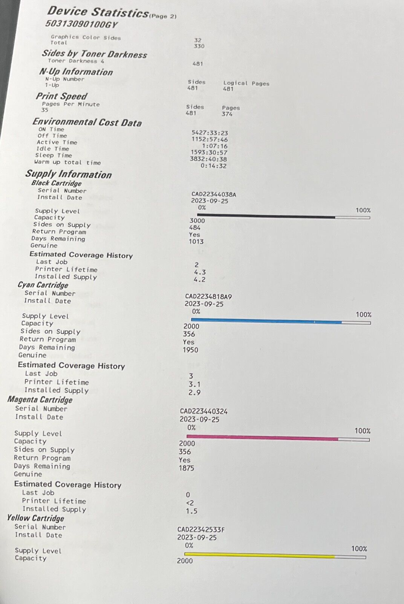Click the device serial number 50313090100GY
click(x=81, y=24)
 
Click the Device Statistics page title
click(x=98, y=12)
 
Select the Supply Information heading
click(x=69, y=174)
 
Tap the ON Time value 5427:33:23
click(x=210, y=133)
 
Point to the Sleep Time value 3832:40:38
click(x=208, y=159)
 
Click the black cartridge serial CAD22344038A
click(x=214, y=194)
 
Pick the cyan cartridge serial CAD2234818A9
click(x=208, y=297)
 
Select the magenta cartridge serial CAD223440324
click(x=204, y=411)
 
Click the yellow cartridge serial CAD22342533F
click(x=201, y=530)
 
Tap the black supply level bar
click(x=283, y=217)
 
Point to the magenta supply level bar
click(x=278, y=438)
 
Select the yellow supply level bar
click(x=275, y=555)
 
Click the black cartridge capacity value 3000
click(x=197, y=220)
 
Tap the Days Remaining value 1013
click(x=196, y=242)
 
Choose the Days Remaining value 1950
click(x=190, y=350)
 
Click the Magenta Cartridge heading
click(x=40, y=399)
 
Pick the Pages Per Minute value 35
click(x=45, y=110)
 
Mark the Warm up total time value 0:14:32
click(x=213, y=166)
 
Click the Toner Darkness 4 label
click(x=76, y=61)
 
